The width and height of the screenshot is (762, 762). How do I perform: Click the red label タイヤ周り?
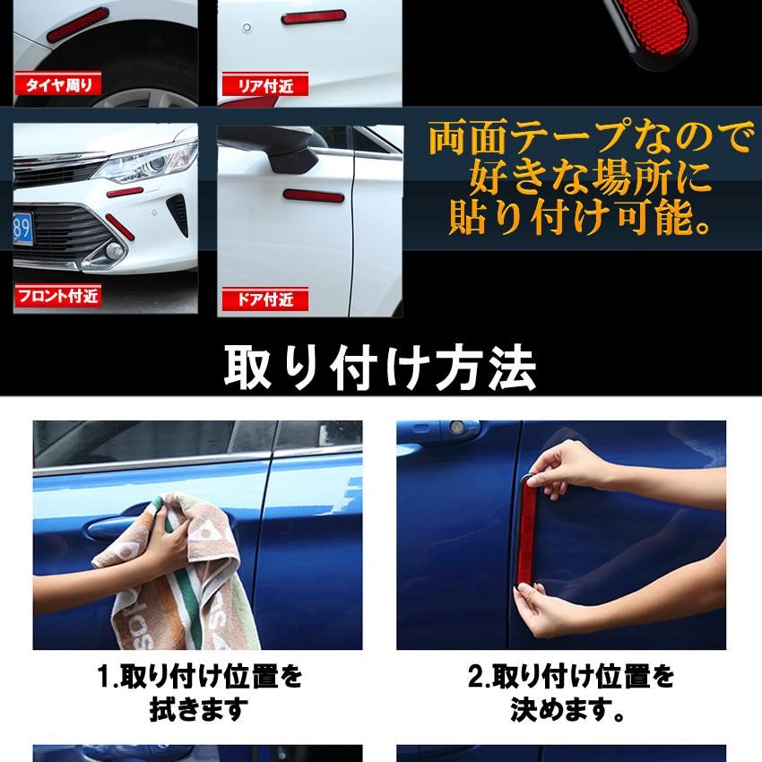(57, 86)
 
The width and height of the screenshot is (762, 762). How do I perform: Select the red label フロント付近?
(57, 295)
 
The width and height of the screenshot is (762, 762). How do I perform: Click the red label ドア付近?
(265, 299)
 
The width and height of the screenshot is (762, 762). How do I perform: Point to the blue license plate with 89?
(22, 229)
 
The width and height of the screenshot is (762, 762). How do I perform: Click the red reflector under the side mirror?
(313, 195)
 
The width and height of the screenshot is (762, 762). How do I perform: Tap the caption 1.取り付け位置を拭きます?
(198, 692)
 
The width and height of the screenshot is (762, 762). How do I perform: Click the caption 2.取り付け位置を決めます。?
(570, 692)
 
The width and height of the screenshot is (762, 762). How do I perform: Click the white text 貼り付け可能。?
(581, 218)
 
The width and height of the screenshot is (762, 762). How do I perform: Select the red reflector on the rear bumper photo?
(314, 16)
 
